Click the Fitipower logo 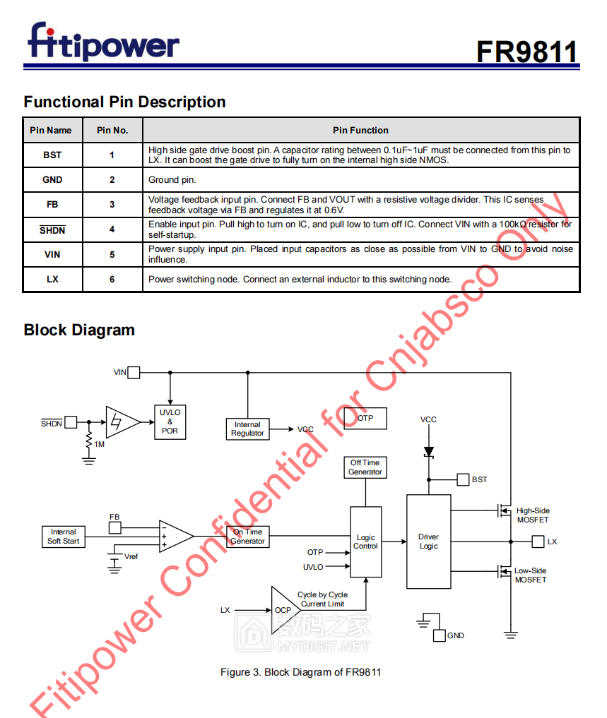pos(103,42)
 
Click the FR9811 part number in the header pos(526,52)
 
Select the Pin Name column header pos(51,131)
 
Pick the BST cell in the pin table pos(52,155)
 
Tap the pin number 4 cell pos(112,229)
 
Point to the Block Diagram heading pos(79,330)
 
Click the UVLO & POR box pos(170,421)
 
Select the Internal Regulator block pos(247,429)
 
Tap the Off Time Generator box pos(365,467)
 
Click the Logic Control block pos(365,542)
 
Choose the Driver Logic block pos(428,542)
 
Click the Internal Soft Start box pos(64,537)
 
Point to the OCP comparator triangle pos(283,610)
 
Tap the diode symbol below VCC pos(428,451)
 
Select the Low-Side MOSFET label pos(530,575)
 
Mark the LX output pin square pos(538,542)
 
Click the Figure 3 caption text pos(300,672)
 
